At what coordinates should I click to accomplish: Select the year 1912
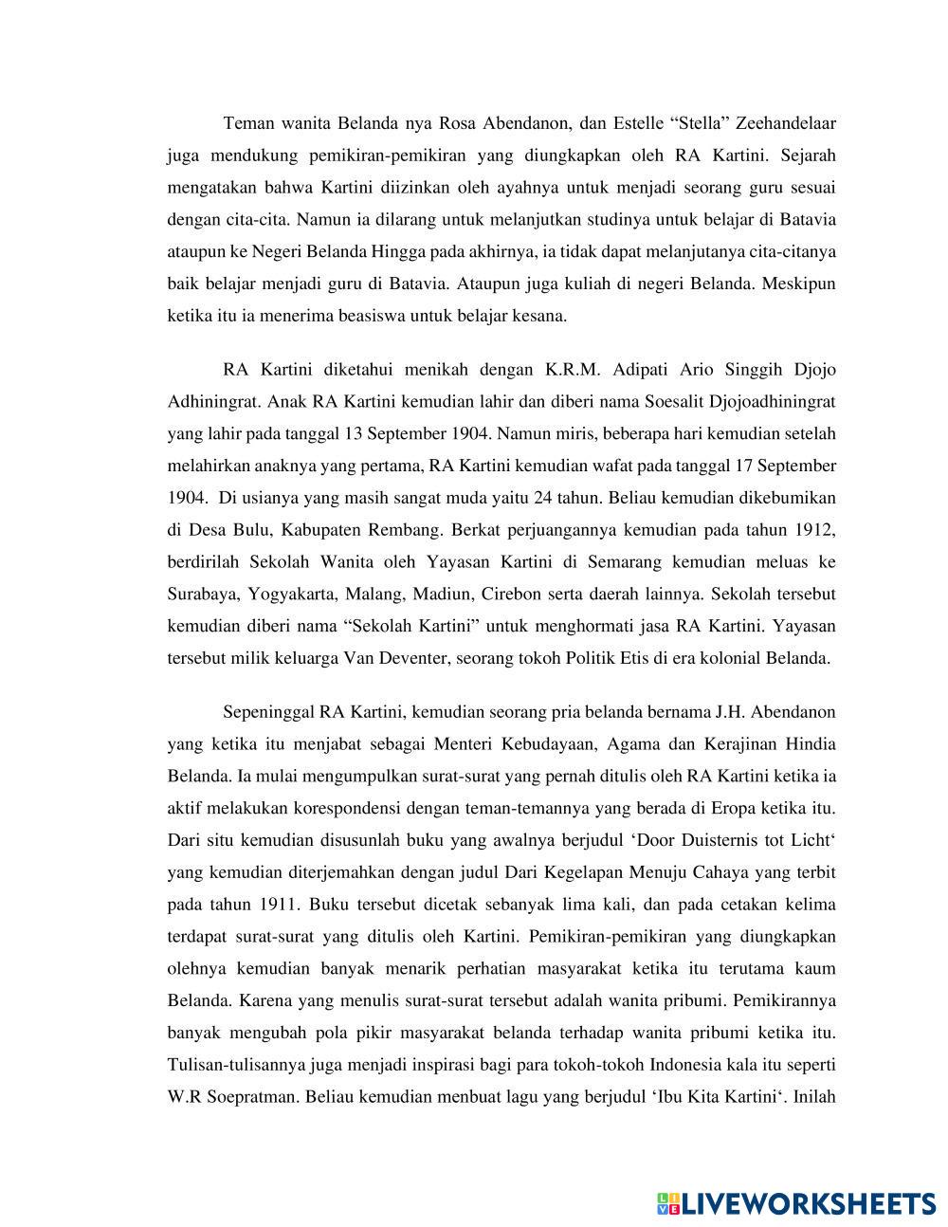click(x=815, y=530)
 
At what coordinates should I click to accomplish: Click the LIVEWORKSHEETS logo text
click(x=807, y=1203)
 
